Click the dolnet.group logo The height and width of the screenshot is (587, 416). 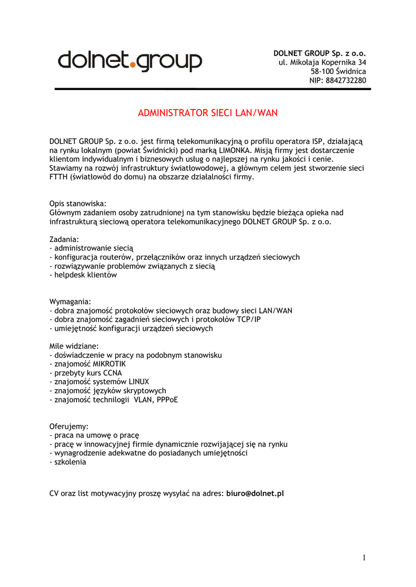(x=130, y=60)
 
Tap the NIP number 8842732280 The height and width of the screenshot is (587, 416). (x=345, y=80)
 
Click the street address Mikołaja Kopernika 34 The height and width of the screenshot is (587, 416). (x=328, y=62)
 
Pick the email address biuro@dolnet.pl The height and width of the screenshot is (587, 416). (x=255, y=493)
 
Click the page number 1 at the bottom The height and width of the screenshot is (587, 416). (x=364, y=558)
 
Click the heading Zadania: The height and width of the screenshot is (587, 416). (x=64, y=239)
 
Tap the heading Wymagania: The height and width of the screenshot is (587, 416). (x=70, y=302)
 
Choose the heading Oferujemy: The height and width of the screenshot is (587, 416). (x=69, y=426)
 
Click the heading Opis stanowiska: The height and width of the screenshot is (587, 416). (x=78, y=204)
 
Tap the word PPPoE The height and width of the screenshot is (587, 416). (x=167, y=400)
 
